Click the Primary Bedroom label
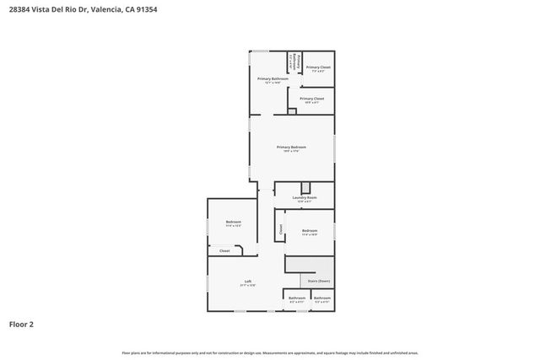pos(291,147)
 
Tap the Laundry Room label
pos(305,198)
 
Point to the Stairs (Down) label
pos(318,282)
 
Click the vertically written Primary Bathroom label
pos(291,63)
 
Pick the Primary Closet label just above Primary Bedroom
pos(311,99)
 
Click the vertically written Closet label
pos(280,228)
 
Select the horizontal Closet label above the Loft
pos(224,250)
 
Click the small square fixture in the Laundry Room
pos(305,187)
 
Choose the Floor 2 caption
pos(21,323)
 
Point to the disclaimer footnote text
pos(270,352)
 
